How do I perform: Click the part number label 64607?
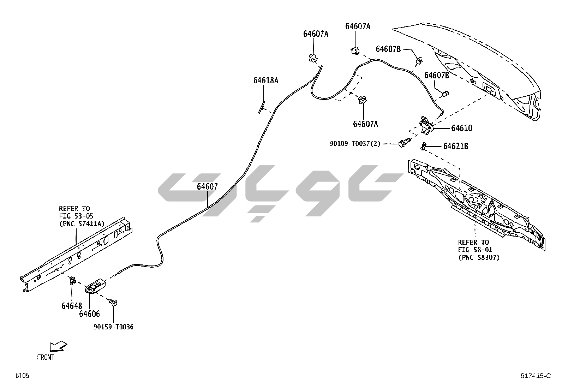pos(207,187)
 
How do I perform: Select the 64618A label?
pos(265,80)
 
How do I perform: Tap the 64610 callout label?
pos(461,128)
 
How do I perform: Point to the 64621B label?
pos(456,146)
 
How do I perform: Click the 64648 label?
pos(72,306)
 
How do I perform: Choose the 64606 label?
pos(89,314)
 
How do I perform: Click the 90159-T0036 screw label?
pos(113,327)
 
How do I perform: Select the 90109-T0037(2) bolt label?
pos(355,144)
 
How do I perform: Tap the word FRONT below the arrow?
pos(46,357)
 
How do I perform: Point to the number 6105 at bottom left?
pos(22,376)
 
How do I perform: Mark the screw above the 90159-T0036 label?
pos(113,303)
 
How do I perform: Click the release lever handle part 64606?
pos(96,286)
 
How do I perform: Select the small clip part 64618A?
pos(262,107)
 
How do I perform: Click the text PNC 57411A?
pos(82,223)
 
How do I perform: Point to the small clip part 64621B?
pos(424,145)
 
